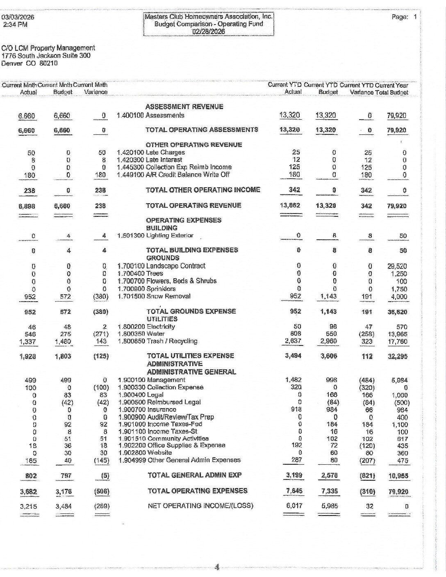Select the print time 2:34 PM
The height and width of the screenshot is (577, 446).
coord(15,25)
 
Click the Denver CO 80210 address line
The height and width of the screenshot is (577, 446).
coord(30,63)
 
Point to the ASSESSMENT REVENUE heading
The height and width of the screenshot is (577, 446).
coord(184,107)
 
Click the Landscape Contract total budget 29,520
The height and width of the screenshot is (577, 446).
coord(396,266)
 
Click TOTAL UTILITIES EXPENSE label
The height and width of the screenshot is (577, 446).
coord(190,356)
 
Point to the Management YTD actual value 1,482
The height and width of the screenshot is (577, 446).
coord(293,380)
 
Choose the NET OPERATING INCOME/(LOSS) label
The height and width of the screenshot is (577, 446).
coord(200,506)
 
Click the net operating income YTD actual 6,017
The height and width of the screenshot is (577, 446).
coord(294,506)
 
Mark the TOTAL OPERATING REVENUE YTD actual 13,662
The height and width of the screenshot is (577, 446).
coord(292,206)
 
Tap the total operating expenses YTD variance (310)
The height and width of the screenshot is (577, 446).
coord(367,491)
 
